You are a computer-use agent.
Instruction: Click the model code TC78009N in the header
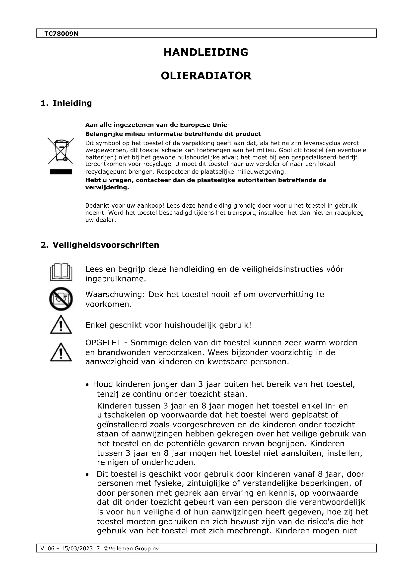coord(61,33)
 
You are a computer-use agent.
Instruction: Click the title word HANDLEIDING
coord(206,52)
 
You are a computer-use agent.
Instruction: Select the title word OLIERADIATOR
coord(206,76)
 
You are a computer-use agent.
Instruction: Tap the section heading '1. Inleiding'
coord(66,103)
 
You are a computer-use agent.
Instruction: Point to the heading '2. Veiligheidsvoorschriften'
coord(100,245)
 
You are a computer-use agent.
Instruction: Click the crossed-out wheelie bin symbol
coord(61,151)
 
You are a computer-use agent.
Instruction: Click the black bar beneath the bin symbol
coord(61,172)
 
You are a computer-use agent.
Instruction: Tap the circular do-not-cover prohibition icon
coord(61,299)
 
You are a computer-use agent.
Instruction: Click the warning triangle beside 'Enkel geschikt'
coord(61,325)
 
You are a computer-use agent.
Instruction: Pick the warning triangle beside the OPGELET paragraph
coord(61,352)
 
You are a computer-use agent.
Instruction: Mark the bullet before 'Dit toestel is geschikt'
coord(87,475)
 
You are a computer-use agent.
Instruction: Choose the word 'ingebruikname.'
coord(116,279)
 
